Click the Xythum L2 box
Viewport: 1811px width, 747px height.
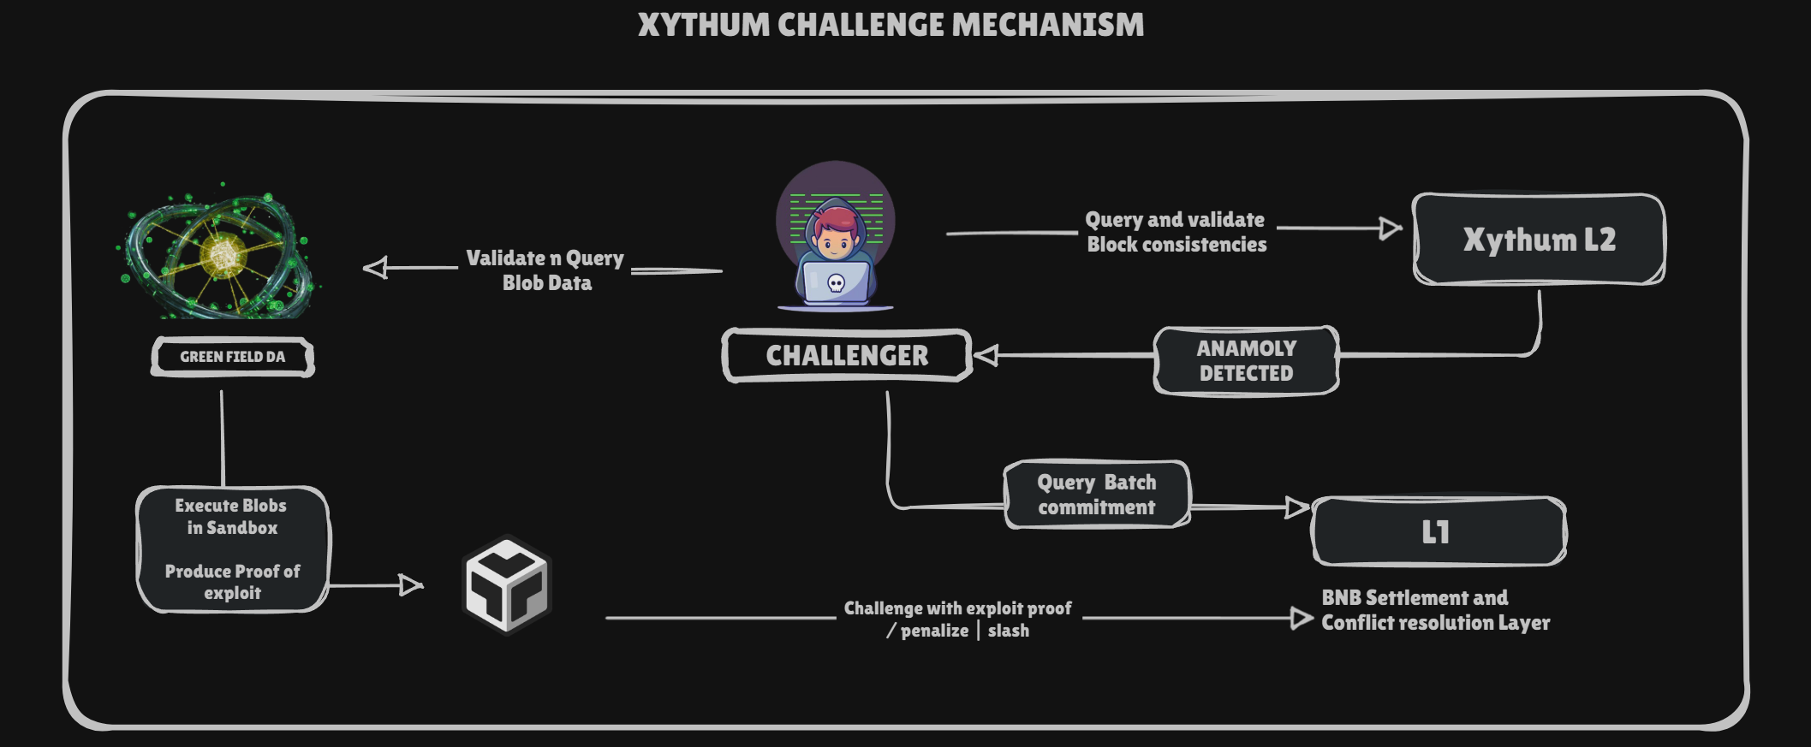coord(1539,240)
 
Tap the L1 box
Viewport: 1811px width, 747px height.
coord(1439,531)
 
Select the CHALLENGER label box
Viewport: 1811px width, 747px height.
coord(847,355)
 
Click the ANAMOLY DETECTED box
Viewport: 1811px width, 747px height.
coord(1246,360)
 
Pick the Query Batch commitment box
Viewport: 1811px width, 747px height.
coord(1097,495)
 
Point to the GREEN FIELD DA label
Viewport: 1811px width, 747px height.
coord(233,357)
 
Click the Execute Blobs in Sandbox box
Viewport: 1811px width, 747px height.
coord(232,548)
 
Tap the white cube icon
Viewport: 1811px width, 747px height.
coord(507,585)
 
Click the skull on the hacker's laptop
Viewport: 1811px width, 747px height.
coord(837,283)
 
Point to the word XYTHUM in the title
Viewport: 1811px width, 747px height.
coord(704,25)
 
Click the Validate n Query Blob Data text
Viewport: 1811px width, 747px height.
coord(546,270)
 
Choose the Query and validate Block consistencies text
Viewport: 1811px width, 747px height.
coord(1176,232)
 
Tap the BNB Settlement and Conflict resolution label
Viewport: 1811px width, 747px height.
coord(1435,610)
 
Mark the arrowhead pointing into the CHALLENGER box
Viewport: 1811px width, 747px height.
coord(986,355)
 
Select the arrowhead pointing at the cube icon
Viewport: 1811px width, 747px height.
coord(412,585)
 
